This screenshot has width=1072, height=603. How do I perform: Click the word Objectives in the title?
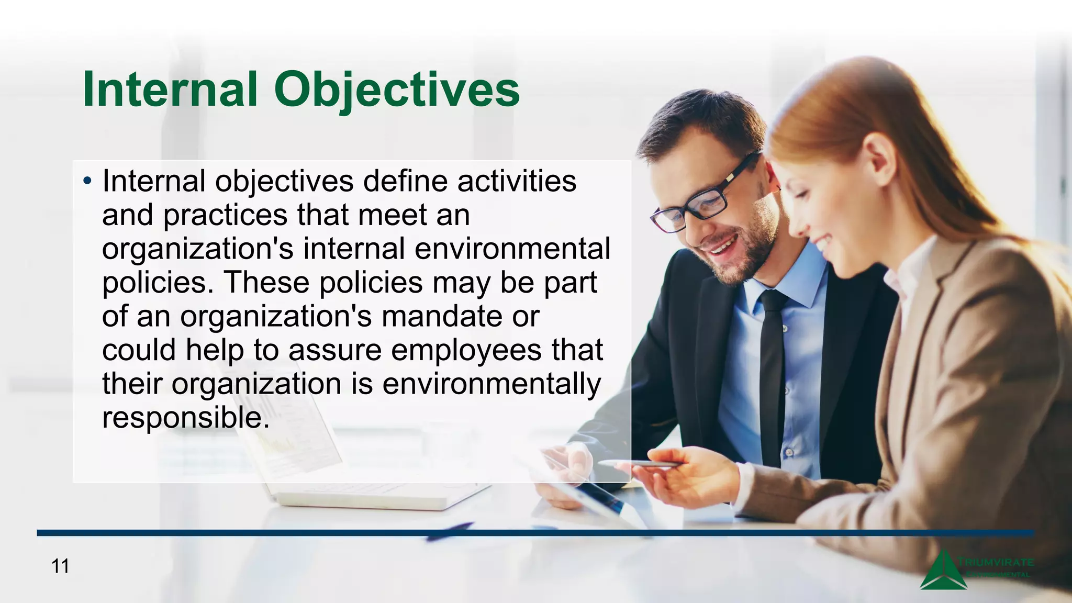[397, 91]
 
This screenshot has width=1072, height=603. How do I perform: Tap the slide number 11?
[60, 566]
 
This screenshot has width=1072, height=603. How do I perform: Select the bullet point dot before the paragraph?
[87, 182]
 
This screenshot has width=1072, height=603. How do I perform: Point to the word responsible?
[185, 418]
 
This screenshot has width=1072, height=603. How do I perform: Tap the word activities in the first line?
[517, 181]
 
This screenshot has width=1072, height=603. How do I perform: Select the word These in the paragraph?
[267, 283]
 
